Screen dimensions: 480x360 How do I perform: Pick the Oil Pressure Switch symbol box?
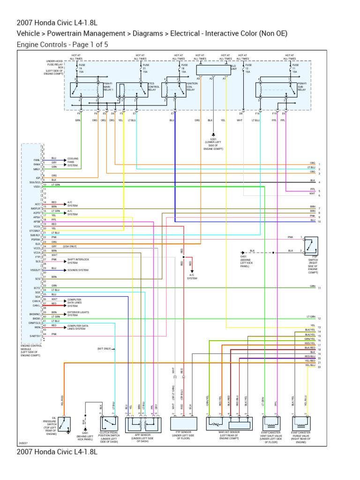coord(64,424)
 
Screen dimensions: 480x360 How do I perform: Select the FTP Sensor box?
coord(183,424)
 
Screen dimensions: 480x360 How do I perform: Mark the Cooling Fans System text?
coord(73,162)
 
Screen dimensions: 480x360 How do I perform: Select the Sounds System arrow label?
coord(77,270)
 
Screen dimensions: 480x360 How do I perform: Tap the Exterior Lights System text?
coord(78,314)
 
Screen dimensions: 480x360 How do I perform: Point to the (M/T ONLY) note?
coord(104,349)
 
